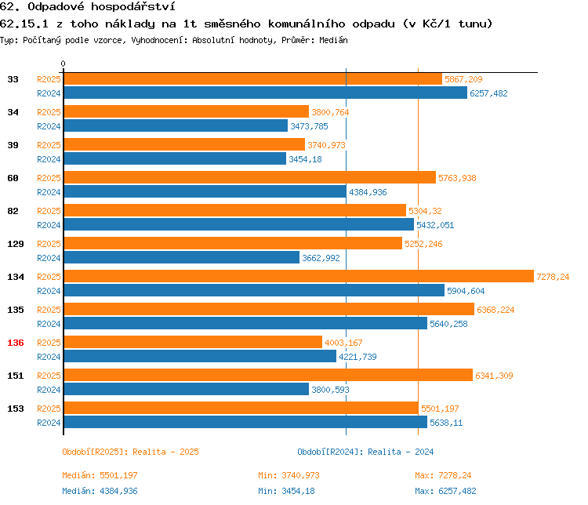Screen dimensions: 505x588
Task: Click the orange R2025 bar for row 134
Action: [x=298, y=276]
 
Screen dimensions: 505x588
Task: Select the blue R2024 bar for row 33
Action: [x=265, y=93]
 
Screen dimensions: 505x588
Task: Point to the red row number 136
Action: [x=15, y=343]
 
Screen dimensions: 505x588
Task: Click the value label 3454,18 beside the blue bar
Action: [x=306, y=159]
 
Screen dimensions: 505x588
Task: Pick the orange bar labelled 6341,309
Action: [x=267, y=375]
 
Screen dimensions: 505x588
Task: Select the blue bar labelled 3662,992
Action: [x=181, y=257]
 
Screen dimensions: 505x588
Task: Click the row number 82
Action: [x=13, y=211]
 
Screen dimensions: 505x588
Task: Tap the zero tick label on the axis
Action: [x=64, y=64]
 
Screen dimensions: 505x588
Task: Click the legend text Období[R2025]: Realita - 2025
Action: [x=130, y=452]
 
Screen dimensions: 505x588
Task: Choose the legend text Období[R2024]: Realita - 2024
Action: [x=365, y=452]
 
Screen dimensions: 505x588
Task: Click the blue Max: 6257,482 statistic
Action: [x=445, y=491]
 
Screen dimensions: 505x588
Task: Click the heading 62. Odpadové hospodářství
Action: [x=86, y=8]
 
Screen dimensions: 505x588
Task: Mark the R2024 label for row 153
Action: [x=49, y=422]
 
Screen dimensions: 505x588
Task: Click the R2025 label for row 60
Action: [x=49, y=178]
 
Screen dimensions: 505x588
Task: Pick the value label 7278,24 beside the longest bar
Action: [x=553, y=277]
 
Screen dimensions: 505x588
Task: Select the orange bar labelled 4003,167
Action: [x=192, y=342]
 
